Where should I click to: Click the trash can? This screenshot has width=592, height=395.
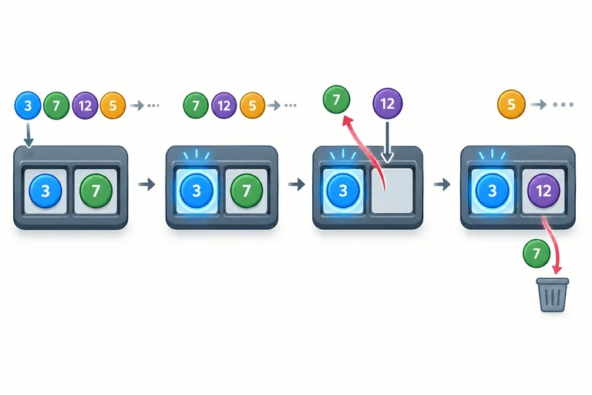[x=553, y=295]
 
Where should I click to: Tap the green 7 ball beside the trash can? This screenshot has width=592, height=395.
[x=536, y=253]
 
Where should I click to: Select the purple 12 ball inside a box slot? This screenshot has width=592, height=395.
[x=543, y=191]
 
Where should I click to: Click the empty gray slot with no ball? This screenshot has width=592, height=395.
[x=392, y=191]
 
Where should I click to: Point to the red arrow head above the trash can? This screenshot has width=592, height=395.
[x=557, y=269]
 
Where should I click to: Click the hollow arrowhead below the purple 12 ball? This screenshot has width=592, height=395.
[x=388, y=157]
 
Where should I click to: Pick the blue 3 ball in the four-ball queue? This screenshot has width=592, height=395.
[x=28, y=105]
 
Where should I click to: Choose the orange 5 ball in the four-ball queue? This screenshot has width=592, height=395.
[x=113, y=105]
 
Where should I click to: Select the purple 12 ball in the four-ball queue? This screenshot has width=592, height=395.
[x=85, y=105]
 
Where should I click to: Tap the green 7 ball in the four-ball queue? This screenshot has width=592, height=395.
[x=56, y=105]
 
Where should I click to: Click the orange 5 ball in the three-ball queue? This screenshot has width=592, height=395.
[x=253, y=105]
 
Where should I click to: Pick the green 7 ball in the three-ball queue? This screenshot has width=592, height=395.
[x=196, y=105]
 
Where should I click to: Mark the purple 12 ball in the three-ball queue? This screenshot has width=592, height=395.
[x=224, y=105]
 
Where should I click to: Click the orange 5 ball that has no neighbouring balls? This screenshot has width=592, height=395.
[x=511, y=104]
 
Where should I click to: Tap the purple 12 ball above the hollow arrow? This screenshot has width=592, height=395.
[x=388, y=103]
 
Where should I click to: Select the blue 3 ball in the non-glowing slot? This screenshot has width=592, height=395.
[x=45, y=191]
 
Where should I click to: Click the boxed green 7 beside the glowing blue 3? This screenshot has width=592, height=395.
[x=246, y=191]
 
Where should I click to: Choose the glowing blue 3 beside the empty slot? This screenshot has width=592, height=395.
[x=343, y=191]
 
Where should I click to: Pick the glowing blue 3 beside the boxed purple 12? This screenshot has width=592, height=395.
[x=493, y=191]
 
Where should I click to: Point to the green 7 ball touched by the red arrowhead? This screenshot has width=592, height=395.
[x=336, y=100]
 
